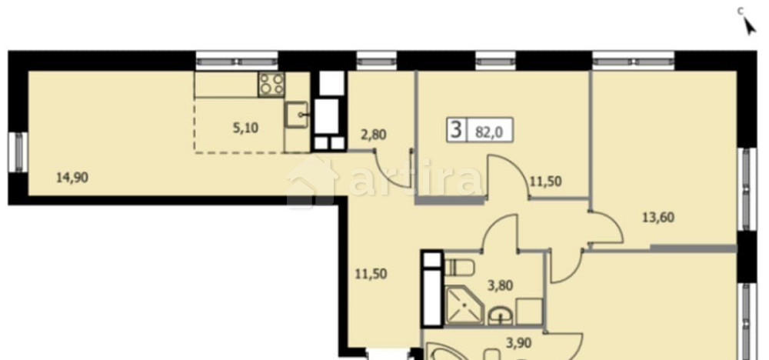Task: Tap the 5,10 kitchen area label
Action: click(x=245, y=128)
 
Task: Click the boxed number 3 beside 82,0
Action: click(x=457, y=128)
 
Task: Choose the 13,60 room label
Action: click(x=658, y=217)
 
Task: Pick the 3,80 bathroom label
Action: click(x=501, y=285)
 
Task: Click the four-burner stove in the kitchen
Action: click(x=270, y=83)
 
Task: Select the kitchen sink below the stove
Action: click(x=298, y=116)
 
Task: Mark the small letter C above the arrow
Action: click(x=741, y=10)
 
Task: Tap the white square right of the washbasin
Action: click(x=529, y=311)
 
